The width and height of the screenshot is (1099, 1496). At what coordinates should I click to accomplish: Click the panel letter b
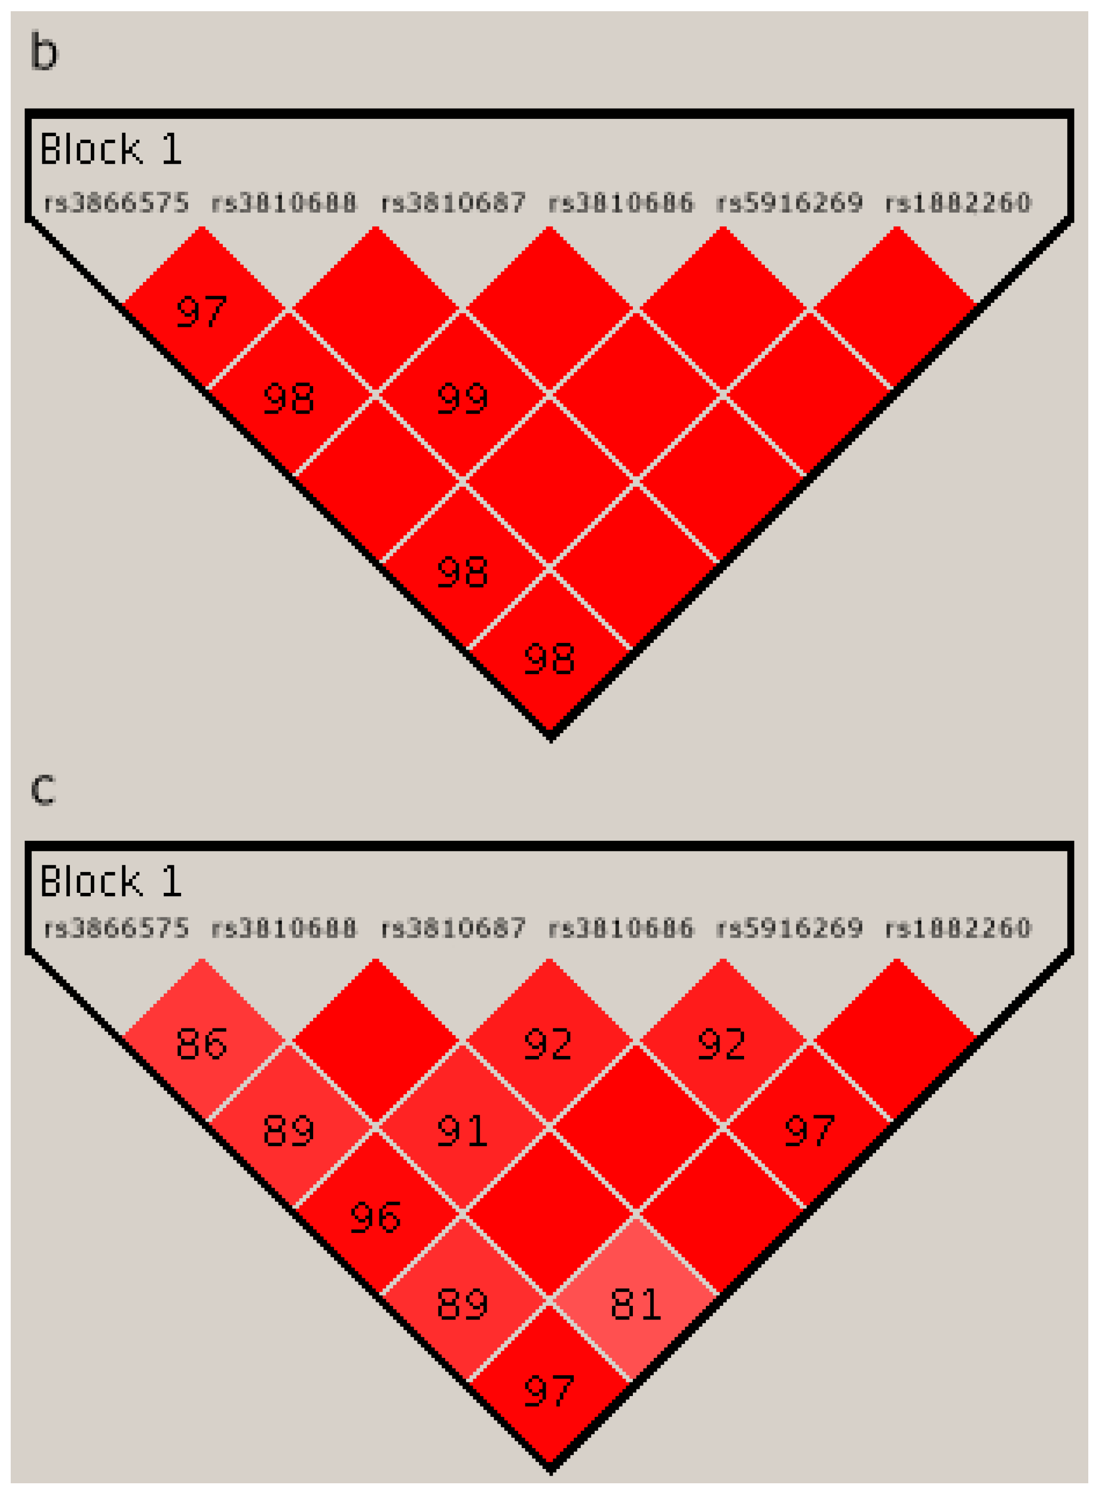click(44, 53)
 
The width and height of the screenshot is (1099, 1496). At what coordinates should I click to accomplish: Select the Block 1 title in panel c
click(111, 882)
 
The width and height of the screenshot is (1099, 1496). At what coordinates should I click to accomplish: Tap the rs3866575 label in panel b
click(116, 202)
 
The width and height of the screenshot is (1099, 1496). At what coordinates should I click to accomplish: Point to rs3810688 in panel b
click(284, 202)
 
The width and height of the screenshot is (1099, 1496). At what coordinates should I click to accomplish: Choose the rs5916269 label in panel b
click(789, 202)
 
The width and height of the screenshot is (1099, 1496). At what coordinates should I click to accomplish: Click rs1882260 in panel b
click(958, 202)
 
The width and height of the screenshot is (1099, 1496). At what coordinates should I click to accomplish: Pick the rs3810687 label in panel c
click(453, 928)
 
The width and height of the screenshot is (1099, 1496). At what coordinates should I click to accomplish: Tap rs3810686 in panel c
click(621, 928)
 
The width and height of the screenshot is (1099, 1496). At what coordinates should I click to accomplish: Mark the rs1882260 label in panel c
click(958, 928)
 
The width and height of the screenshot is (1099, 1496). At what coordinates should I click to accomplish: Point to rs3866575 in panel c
click(116, 928)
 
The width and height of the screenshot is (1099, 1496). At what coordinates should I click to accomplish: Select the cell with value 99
click(463, 398)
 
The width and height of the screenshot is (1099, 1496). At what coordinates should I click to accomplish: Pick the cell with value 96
click(376, 1217)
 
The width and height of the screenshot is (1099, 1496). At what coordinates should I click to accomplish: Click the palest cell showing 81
click(635, 1304)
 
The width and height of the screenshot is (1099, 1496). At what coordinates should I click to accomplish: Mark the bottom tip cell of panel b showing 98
click(550, 659)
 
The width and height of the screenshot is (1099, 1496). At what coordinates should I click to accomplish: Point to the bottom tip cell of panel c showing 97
click(550, 1390)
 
